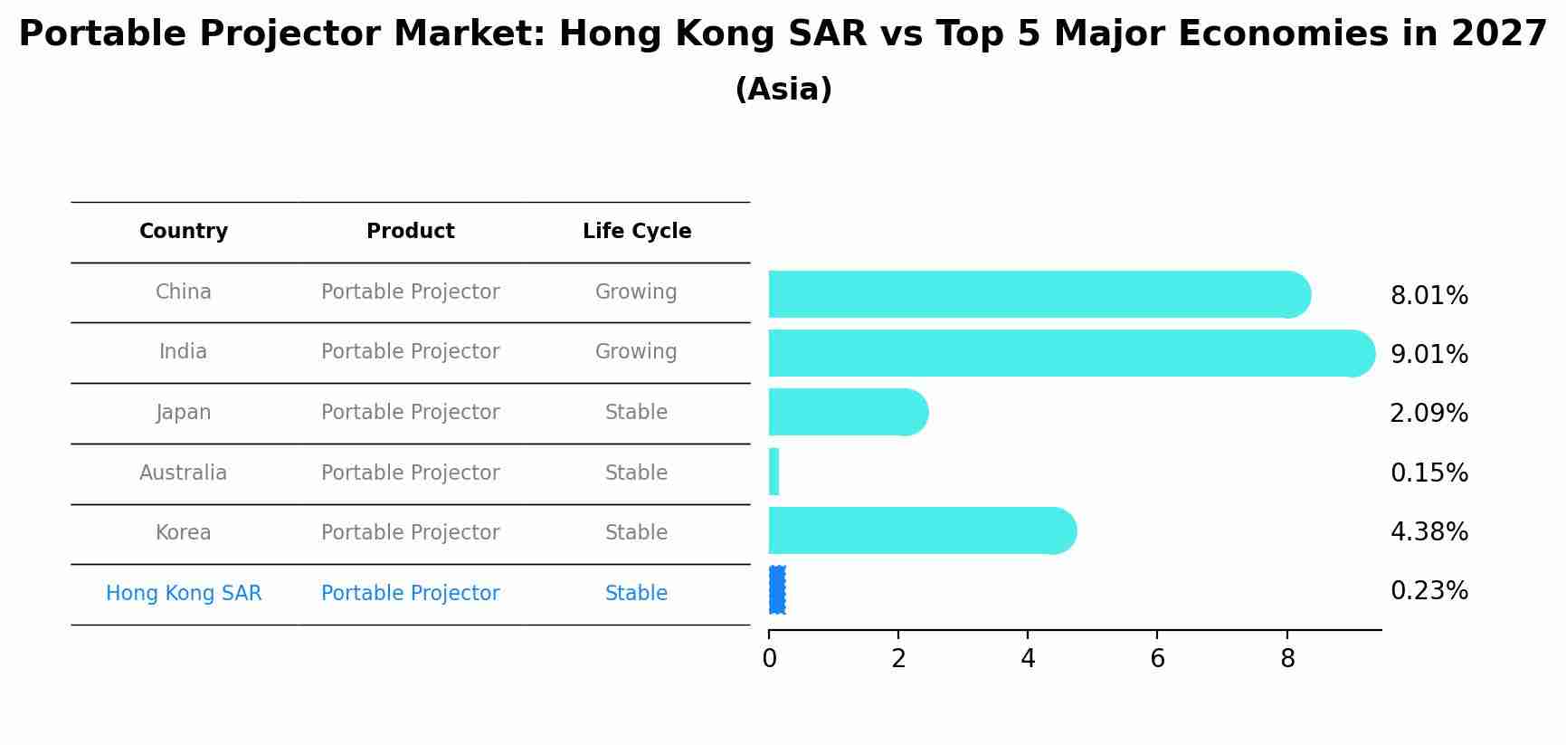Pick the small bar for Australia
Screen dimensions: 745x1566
click(774, 472)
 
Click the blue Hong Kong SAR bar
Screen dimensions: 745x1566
click(776, 590)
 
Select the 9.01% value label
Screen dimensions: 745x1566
click(1428, 354)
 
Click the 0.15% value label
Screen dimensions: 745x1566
click(1428, 473)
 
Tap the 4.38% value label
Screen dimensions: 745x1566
click(1428, 531)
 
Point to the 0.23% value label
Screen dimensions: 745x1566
click(1428, 591)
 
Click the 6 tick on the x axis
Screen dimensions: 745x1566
click(1157, 659)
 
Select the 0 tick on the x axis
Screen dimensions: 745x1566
click(769, 659)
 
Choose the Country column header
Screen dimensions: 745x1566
click(184, 232)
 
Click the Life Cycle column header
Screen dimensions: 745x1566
click(636, 232)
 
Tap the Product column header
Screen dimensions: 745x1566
click(410, 232)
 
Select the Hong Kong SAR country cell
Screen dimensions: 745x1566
click(184, 593)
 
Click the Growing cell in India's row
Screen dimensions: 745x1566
click(636, 351)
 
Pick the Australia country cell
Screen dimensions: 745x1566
click(184, 473)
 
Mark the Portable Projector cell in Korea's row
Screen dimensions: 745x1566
click(410, 532)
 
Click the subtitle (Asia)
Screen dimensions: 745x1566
click(783, 90)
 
